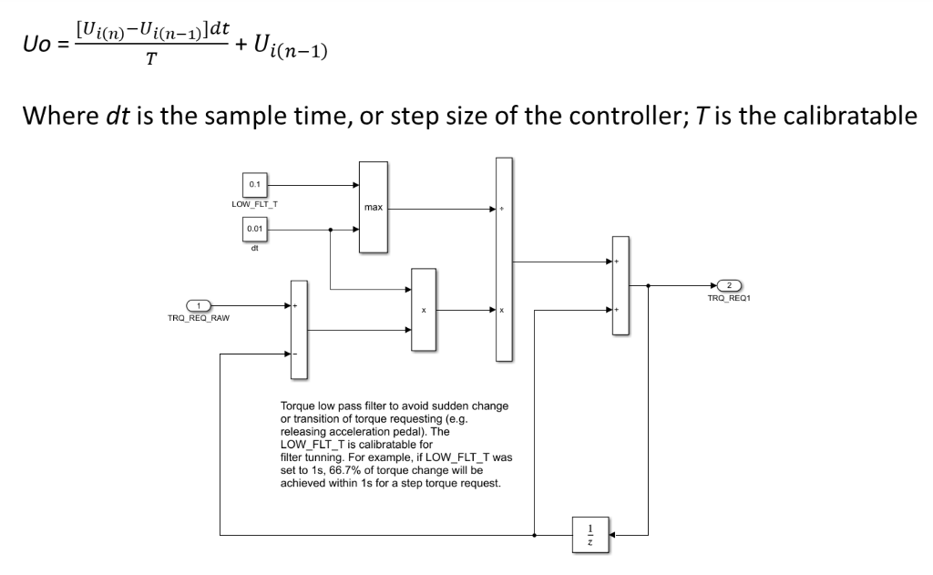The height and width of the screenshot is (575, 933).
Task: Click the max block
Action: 374,208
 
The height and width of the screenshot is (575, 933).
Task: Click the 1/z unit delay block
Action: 591,532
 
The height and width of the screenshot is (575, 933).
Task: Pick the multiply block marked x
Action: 424,310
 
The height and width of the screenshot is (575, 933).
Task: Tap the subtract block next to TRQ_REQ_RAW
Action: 296,328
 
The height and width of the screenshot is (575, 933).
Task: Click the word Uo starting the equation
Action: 33,41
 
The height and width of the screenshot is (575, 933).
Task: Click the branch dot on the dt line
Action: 330,231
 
